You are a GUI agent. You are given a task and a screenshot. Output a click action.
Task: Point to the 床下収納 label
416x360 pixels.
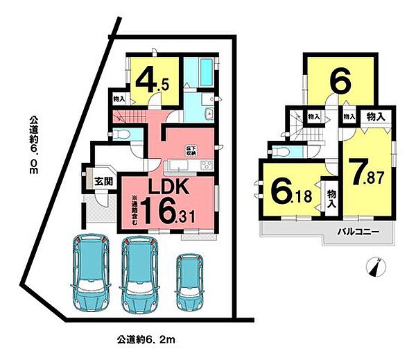pyautogui.click(x=189, y=149)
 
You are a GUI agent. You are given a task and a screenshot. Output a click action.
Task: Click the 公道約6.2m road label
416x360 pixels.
pyautogui.click(x=141, y=340)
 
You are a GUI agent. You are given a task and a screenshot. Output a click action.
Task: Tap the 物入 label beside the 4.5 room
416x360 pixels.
pyautogui.click(x=119, y=100)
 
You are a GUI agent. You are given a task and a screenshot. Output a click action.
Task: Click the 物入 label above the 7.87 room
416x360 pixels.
pyautogui.click(x=376, y=116)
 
